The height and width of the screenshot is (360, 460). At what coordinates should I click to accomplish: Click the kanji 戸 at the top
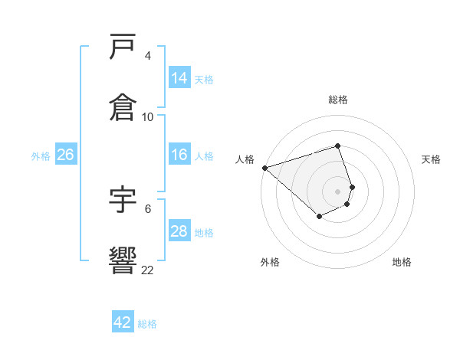[x=123, y=47]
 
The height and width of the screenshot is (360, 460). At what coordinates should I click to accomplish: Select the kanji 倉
[x=123, y=107]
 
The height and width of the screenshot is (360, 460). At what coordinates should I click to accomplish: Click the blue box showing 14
[x=179, y=77]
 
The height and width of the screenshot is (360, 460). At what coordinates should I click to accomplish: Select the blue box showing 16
[x=179, y=155]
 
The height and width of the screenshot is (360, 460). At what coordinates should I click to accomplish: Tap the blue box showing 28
[x=179, y=231]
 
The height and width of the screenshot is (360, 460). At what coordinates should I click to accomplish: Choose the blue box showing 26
[x=65, y=155]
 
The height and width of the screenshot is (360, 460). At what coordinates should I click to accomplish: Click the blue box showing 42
[x=123, y=322]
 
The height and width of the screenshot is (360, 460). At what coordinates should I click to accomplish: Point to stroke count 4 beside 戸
[x=148, y=56]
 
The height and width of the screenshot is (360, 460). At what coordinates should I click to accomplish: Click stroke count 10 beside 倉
[x=148, y=116]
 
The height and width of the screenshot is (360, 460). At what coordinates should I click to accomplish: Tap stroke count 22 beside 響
[x=148, y=269]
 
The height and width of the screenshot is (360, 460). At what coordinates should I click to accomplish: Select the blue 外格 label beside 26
[x=41, y=155]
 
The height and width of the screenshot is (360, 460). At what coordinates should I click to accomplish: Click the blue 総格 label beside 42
[x=147, y=323]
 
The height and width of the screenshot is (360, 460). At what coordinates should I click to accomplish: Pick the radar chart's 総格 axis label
[x=338, y=100]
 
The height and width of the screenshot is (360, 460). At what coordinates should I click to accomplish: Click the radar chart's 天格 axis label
[x=432, y=159]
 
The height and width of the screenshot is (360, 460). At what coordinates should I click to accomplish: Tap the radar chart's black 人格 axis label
[x=245, y=159]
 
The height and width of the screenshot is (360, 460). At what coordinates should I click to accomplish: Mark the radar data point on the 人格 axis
[x=264, y=168]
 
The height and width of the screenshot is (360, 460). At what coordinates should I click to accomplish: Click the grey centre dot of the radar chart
[x=338, y=191]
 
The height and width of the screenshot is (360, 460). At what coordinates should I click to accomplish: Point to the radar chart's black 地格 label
[x=402, y=262]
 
